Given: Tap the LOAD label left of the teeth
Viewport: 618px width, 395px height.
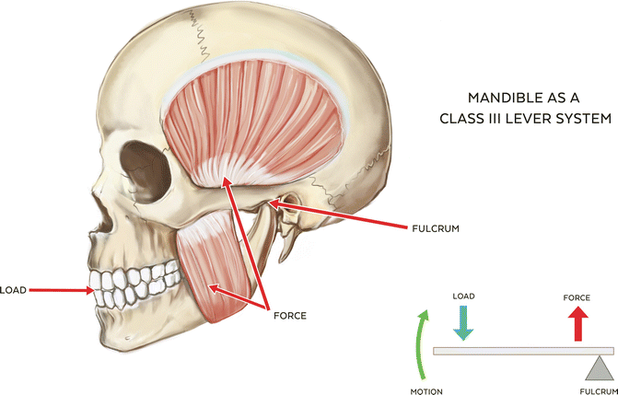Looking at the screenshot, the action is coord(14,290).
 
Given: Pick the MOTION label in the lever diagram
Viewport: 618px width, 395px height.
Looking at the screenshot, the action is coord(426,391).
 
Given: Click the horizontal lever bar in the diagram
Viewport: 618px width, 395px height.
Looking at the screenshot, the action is coord(516,351).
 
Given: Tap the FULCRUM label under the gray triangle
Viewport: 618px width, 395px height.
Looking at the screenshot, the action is coord(598,390).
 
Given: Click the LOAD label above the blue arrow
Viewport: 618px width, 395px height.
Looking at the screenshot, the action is coord(463,296).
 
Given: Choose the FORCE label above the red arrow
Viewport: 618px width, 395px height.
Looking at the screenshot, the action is coord(577,297).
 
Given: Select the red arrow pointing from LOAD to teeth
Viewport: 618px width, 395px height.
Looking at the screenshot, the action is coord(60,290).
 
